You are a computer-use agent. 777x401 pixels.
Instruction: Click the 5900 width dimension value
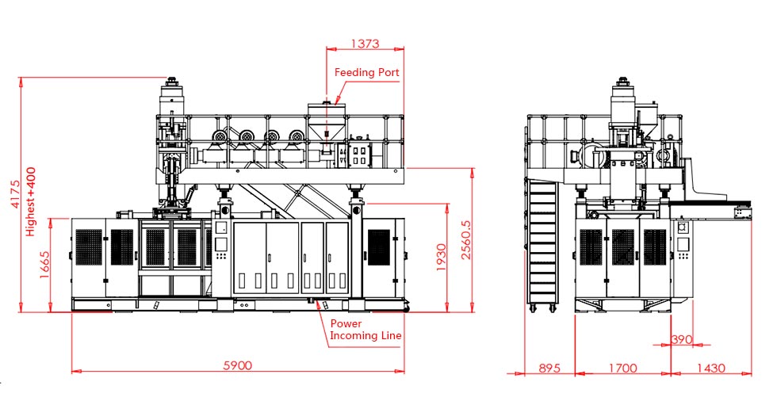[238, 365]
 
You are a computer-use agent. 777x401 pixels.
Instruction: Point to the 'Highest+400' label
[31, 201]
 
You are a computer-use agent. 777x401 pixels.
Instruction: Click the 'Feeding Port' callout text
[366, 72]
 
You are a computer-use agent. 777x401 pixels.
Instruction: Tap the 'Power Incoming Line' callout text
[366, 330]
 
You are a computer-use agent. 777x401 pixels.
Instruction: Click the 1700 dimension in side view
[622, 368]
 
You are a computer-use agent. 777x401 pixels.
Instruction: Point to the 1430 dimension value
[710, 368]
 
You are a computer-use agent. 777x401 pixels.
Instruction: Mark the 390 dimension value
[682, 339]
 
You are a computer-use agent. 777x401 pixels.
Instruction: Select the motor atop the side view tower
[623, 95]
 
